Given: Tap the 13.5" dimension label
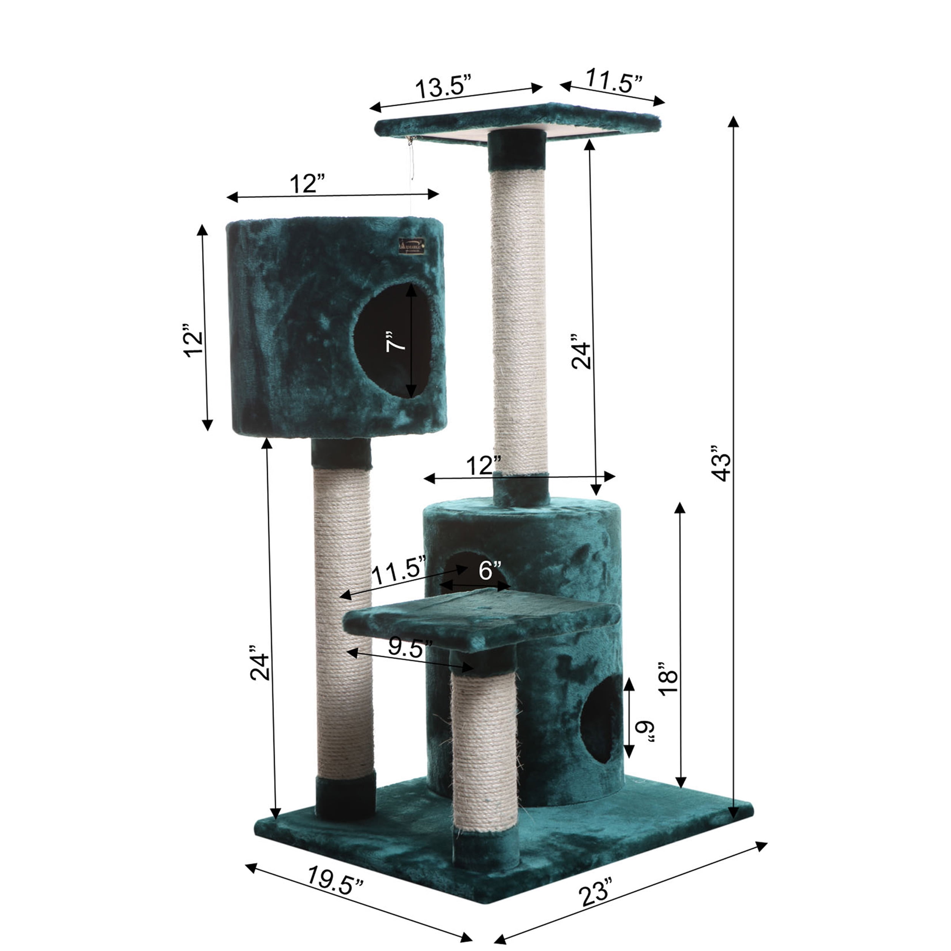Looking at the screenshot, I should pos(444,87).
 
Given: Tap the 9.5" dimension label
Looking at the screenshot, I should pos(410,648).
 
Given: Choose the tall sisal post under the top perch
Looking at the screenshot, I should pos(519,315).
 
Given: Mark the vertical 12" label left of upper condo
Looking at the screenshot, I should pos(193,340).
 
